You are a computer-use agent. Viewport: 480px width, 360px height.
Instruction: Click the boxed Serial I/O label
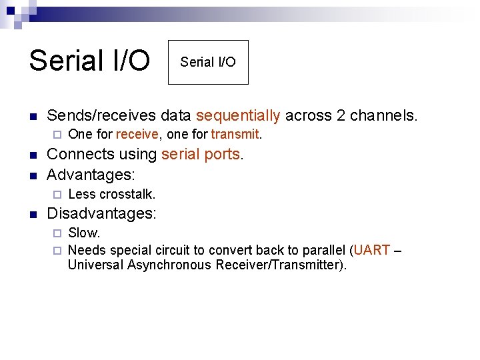208,62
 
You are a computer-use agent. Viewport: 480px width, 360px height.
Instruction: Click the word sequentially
239,115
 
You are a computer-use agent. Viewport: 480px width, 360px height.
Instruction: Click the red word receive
137,134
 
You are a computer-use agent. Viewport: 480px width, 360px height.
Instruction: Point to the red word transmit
235,134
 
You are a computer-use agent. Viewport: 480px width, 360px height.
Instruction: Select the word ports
223,154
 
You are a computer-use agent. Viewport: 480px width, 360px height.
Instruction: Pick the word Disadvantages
100,214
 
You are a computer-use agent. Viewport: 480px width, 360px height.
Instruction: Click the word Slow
83,233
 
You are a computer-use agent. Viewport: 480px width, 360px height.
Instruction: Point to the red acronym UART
371,250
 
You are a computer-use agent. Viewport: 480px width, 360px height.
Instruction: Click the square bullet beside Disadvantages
33,215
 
